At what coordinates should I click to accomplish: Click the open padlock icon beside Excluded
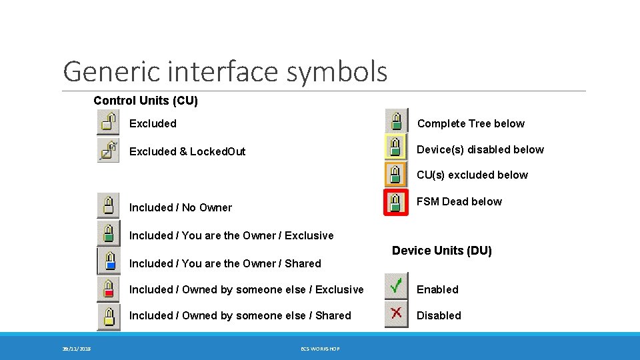pyautogui.click(x=108, y=123)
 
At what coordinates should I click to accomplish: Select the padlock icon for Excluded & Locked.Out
pyautogui.click(x=108, y=151)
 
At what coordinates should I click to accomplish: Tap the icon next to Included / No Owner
pyautogui.click(x=108, y=205)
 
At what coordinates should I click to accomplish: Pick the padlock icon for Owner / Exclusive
pyautogui.click(x=108, y=233)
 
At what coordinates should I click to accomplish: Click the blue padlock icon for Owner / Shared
pyautogui.click(x=108, y=261)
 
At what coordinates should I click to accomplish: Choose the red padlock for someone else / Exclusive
pyautogui.click(x=108, y=289)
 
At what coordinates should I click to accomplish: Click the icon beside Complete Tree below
pyautogui.click(x=396, y=121)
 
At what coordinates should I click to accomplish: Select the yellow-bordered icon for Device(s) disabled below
pyautogui.click(x=396, y=147)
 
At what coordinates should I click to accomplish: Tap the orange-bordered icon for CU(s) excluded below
pyautogui.click(x=396, y=174)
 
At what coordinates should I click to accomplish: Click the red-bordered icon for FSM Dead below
pyautogui.click(x=396, y=202)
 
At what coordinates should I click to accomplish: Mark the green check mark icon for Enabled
pyautogui.click(x=396, y=287)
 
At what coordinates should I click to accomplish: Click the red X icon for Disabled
pyautogui.click(x=396, y=314)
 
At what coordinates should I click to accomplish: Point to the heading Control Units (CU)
pyautogui.click(x=145, y=101)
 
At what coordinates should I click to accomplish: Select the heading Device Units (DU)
pyautogui.click(x=441, y=251)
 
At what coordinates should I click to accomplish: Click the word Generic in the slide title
pyautogui.click(x=107, y=71)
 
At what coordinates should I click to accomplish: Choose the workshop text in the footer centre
pyautogui.click(x=320, y=349)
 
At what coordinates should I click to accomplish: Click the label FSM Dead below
pyautogui.click(x=459, y=201)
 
